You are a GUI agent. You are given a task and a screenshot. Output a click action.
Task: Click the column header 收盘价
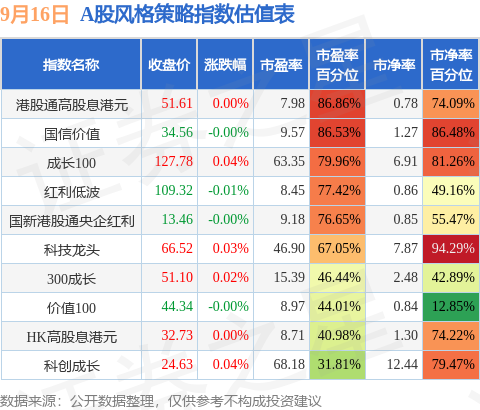(x=169, y=65)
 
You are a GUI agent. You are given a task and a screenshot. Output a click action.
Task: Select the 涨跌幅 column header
(x=225, y=65)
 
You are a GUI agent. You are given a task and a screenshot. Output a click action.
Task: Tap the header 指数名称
(x=71, y=65)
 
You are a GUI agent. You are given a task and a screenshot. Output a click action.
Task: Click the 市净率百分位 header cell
(x=451, y=65)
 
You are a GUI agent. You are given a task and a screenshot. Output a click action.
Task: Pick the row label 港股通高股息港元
(x=72, y=105)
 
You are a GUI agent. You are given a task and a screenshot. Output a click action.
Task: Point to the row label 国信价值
(x=72, y=134)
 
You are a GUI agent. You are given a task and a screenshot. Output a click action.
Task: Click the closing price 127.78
(x=174, y=162)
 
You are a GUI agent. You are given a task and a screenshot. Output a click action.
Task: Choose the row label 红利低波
(x=72, y=192)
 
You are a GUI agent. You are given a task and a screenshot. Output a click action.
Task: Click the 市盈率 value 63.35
(x=289, y=162)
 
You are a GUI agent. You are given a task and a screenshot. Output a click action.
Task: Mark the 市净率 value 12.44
(x=402, y=364)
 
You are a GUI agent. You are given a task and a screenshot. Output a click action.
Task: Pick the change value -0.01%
(x=229, y=191)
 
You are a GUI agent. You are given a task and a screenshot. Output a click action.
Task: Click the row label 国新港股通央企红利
(x=72, y=221)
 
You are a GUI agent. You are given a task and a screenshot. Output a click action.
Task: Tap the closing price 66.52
(x=177, y=249)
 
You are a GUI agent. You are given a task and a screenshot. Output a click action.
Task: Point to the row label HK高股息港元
(x=72, y=337)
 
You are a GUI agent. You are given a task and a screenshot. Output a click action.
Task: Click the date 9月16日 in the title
(x=34, y=14)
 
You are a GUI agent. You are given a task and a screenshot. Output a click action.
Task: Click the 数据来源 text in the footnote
(x=28, y=401)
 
